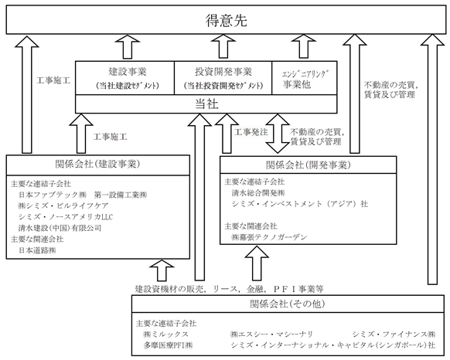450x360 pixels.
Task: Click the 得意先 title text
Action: [x=226, y=21]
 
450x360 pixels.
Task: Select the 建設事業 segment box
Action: [x=124, y=78]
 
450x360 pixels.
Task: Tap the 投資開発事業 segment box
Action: [x=223, y=78]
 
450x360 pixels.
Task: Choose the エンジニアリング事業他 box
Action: [x=305, y=78]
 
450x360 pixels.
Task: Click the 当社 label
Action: [x=206, y=104]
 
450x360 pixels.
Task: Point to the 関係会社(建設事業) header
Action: [x=97, y=165]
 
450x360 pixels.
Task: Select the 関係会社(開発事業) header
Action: [x=309, y=165]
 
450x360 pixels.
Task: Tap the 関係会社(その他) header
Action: [x=288, y=304]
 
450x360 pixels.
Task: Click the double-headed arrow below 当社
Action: [x=278, y=134]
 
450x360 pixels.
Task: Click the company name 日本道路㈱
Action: [x=37, y=250]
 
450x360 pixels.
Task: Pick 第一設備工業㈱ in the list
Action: [x=121, y=195]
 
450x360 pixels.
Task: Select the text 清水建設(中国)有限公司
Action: [x=60, y=228]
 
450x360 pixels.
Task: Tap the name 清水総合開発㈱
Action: [x=258, y=193]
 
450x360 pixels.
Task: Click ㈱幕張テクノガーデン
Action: [x=270, y=237]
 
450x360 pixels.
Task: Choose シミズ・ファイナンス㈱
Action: [x=394, y=335]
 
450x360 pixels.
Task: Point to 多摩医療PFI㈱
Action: [x=168, y=345]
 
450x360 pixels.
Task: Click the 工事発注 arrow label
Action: [x=251, y=132]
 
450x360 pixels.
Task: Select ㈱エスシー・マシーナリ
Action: [x=271, y=335]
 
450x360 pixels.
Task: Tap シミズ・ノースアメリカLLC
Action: [x=66, y=217]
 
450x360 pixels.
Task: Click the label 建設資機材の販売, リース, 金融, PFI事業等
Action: [x=230, y=289]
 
